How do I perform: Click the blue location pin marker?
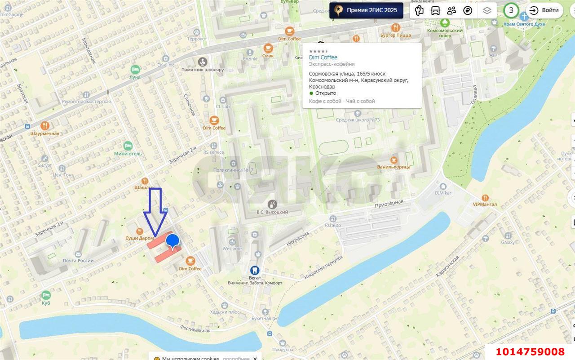[x=172, y=242]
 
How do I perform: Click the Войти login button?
[x=544, y=10]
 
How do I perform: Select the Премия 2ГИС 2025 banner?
[x=366, y=10]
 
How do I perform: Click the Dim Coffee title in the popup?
[x=323, y=58]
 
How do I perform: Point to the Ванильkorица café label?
[x=394, y=167]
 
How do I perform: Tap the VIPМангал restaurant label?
[x=485, y=204]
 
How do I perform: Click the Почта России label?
[x=78, y=261]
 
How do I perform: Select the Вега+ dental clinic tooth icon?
[x=254, y=270]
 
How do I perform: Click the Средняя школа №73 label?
[x=358, y=120]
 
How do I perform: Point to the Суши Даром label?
[x=140, y=238]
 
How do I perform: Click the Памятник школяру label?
[x=202, y=70]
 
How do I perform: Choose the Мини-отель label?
[x=128, y=154]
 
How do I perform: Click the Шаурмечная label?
[x=44, y=133]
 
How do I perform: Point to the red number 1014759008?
[x=530, y=351]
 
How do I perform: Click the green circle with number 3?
[x=511, y=10]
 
